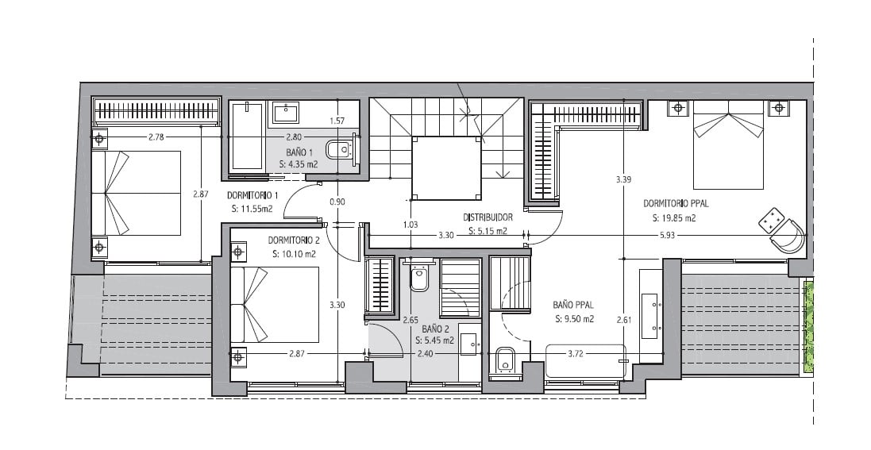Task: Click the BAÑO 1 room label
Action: (299, 152)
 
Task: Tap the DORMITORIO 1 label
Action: (252, 195)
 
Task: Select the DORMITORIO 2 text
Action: (294, 241)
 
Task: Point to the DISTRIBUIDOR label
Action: (488, 217)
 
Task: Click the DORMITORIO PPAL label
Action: (676, 204)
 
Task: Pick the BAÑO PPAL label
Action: (573, 305)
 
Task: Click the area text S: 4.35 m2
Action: (300, 164)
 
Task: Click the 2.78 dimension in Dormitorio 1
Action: (156, 137)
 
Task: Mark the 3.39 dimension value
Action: (623, 180)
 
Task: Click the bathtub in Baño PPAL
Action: (585, 362)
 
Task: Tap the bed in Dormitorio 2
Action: (275, 305)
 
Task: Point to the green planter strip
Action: (809, 327)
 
